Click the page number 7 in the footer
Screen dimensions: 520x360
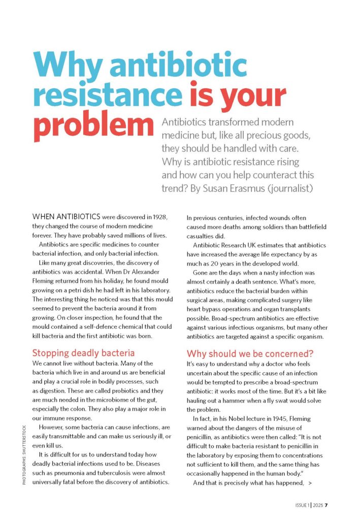coord(327,505)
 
